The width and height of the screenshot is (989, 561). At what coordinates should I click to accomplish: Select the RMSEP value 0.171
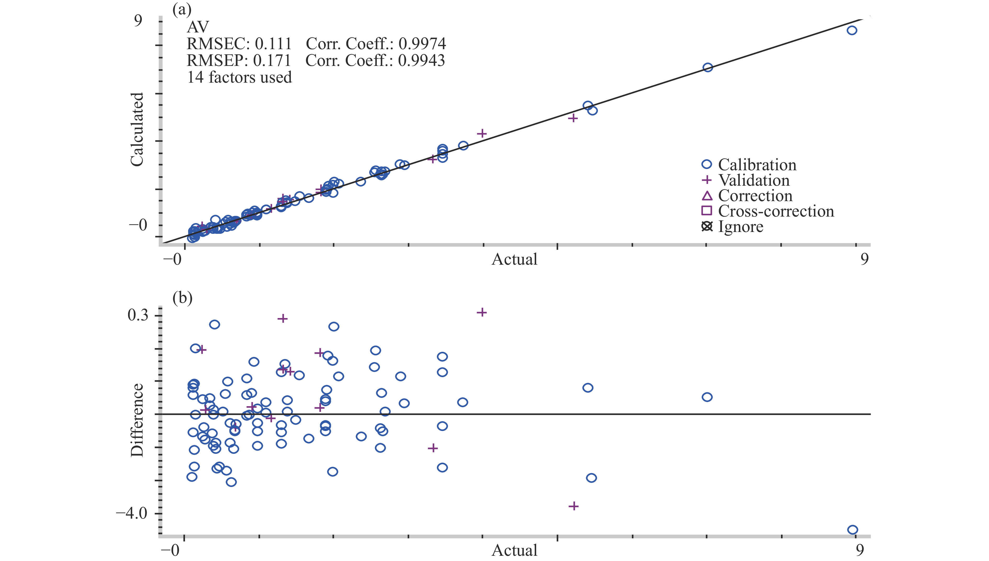tap(272, 60)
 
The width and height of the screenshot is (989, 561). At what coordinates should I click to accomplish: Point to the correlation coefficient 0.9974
tap(422, 44)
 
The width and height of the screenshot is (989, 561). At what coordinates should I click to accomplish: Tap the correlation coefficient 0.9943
tap(421, 60)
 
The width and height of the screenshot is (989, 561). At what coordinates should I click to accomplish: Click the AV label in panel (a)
tap(198, 27)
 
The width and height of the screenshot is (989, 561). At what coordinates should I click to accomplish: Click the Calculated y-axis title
tap(137, 129)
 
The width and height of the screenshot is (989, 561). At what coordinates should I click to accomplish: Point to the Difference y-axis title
tap(137, 420)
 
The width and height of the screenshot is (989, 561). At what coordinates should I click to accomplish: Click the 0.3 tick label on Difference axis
tap(138, 315)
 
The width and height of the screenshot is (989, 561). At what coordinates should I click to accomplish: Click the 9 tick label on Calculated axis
tap(138, 20)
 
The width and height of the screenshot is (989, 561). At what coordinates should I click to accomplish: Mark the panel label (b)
tap(182, 298)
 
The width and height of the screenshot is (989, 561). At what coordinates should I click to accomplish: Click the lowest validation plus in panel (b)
tap(573, 506)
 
